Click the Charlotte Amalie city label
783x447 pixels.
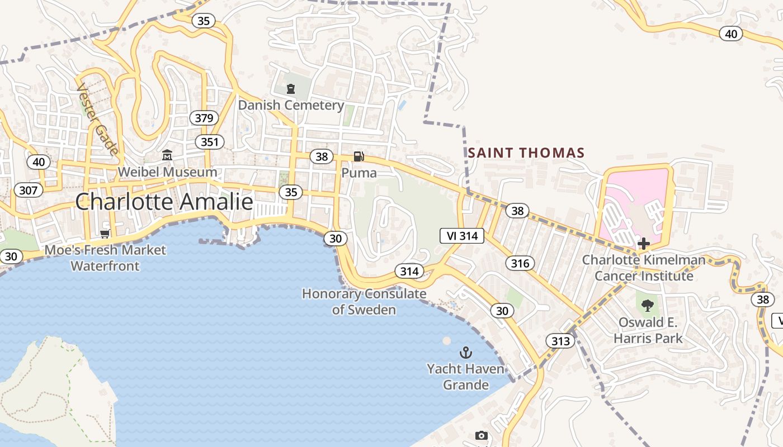164,202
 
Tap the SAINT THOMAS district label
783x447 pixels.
526,153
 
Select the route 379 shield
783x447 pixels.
204,118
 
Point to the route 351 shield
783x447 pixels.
210,142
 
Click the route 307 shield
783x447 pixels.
28,191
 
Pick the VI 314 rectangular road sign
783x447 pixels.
462,236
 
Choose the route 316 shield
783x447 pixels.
520,263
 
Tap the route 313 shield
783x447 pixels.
560,341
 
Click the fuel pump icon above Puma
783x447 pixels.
359,156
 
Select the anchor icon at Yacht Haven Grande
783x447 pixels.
465,353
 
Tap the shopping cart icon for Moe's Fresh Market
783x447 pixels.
105,234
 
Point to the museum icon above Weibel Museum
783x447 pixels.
167,155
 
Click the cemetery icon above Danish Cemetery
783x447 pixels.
290,89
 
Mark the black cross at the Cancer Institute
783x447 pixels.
644,244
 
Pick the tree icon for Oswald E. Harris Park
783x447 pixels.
648,305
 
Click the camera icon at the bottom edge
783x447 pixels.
481,436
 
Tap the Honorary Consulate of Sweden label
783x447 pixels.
364,302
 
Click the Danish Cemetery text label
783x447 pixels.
291,105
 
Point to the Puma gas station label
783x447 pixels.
359,173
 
